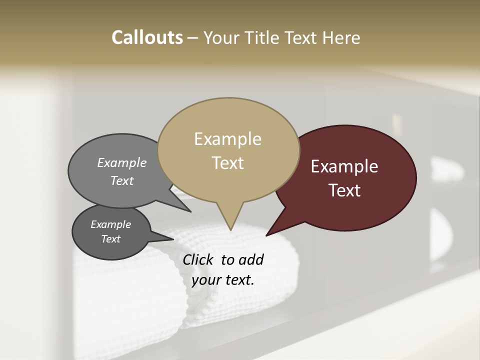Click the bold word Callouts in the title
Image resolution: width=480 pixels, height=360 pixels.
coord(147,37)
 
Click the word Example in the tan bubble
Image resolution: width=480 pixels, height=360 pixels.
coord(227,139)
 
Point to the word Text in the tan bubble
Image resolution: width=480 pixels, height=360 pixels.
coord(227,163)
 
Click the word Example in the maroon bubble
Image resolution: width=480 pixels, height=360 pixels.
coord(344,166)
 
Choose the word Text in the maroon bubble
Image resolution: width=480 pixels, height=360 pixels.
coord(344,190)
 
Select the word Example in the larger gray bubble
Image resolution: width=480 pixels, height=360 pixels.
coord(121,162)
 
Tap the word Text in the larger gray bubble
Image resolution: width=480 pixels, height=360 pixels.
coord(121,180)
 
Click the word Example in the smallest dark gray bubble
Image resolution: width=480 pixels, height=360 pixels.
coord(110,224)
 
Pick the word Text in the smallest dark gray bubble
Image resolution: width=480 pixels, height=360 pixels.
coord(110,239)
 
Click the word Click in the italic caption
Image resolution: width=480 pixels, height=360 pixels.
coord(199,259)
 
